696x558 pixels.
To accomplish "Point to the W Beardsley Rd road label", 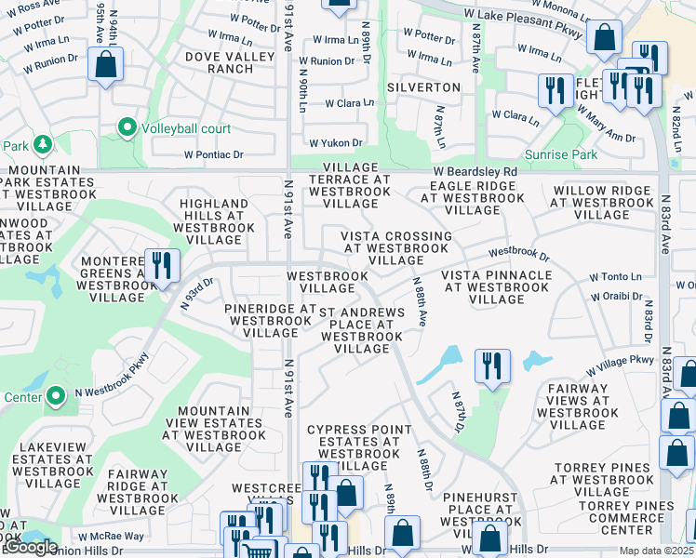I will [x=475, y=172].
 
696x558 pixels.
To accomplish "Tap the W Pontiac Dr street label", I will [x=213, y=154].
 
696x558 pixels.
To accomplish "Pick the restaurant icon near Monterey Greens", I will [x=162, y=265].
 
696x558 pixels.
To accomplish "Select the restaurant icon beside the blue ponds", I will [x=492, y=365].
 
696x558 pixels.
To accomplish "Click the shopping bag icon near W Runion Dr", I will [x=105, y=65].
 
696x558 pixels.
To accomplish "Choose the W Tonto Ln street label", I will [x=615, y=277].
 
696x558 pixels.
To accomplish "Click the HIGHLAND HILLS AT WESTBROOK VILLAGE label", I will [x=214, y=221].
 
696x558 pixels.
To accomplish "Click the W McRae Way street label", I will [x=111, y=536].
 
